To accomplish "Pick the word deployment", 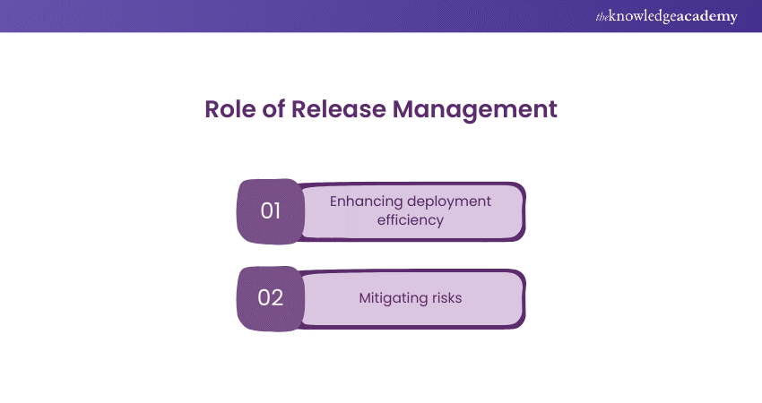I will (x=446, y=201).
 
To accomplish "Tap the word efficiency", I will (x=411, y=219).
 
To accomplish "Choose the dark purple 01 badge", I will (x=271, y=211).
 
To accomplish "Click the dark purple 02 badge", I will (x=271, y=298).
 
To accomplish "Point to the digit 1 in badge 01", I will (x=277, y=211).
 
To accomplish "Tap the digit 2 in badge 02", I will (x=277, y=298).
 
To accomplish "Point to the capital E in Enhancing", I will (x=334, y=201).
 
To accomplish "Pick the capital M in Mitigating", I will (x=363, y=297).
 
